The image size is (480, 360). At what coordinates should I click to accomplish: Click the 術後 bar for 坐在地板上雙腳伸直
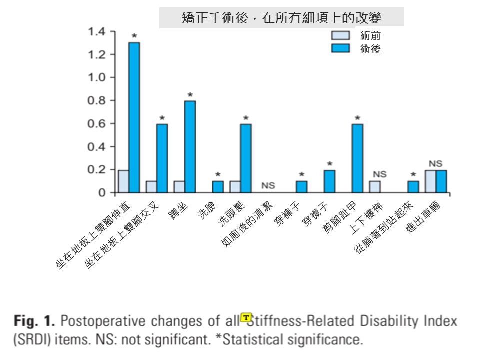tap(134, 117)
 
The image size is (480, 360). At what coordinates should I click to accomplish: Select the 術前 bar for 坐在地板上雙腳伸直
tap(123, 181)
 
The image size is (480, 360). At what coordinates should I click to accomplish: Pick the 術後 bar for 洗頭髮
tap(245, 158)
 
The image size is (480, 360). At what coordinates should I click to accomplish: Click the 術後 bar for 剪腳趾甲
tap(357, 158)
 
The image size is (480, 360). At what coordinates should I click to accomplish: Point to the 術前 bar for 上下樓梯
tap(374, 187)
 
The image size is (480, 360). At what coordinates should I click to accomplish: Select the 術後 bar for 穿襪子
tap(329, 181)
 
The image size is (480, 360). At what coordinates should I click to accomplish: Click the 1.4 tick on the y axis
tap(97, 32)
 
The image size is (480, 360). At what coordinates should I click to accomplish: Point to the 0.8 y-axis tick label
tap(97, 101)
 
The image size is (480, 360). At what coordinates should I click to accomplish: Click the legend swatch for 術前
tap(342, 35)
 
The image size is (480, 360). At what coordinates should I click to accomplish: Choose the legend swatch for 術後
tap(342, 48)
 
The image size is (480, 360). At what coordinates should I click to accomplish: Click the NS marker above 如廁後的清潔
tap(268, 186)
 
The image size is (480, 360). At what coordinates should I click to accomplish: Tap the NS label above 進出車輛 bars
tap(435, 163)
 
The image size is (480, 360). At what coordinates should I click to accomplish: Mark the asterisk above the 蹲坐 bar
tap(190, 95)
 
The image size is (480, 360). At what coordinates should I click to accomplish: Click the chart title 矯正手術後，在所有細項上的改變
tap(281, 18)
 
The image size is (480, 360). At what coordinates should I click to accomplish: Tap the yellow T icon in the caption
tap(246, 317)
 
